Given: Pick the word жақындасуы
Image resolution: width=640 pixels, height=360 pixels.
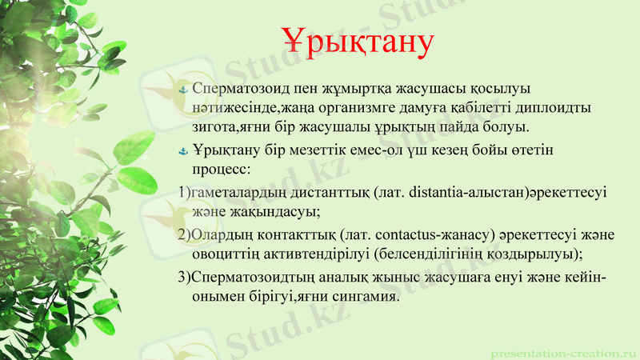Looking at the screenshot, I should pos(278,211).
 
